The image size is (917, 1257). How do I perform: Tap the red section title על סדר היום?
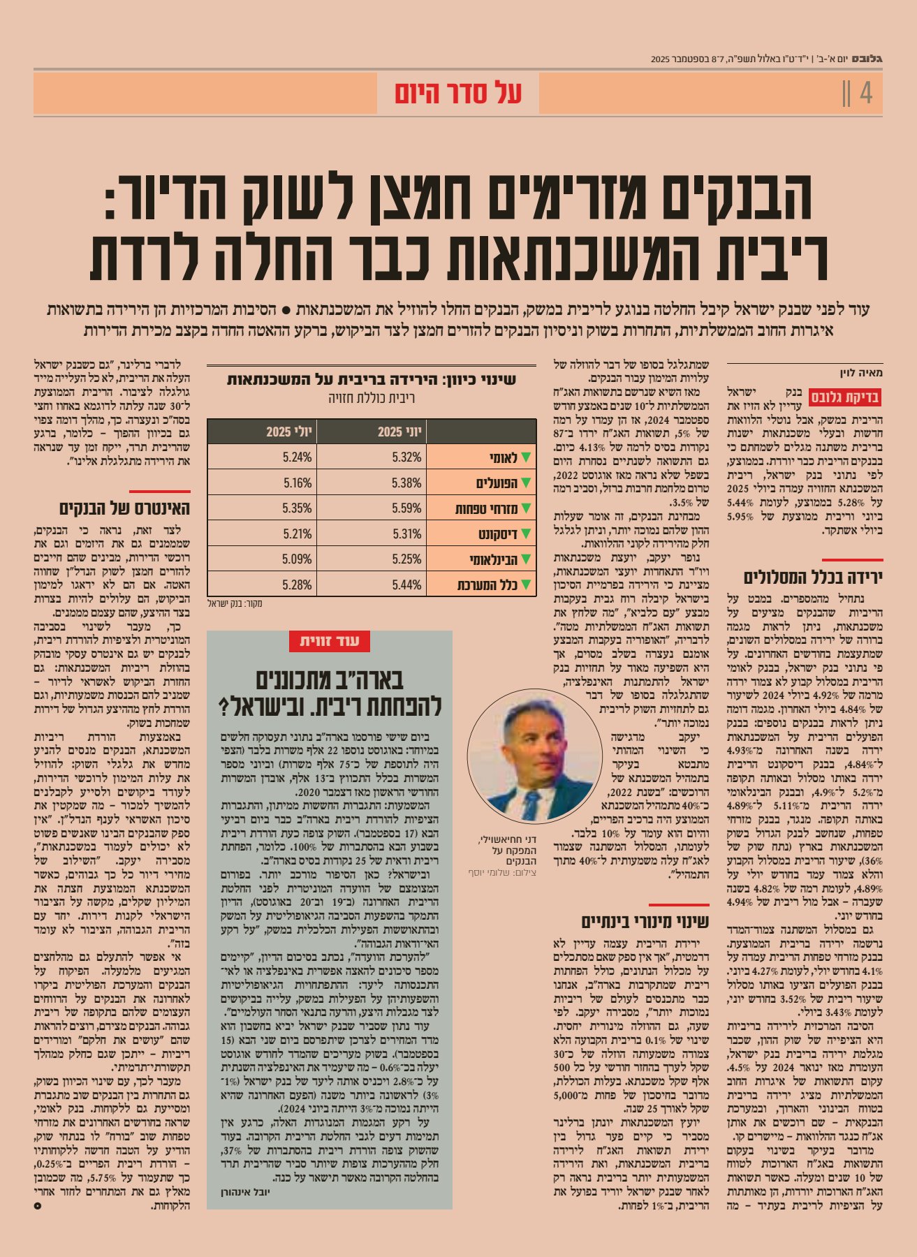tap(458, 93)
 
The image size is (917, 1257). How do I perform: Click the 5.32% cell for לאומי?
tap(406, 457)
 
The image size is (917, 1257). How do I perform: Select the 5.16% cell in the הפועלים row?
tap(298, 483)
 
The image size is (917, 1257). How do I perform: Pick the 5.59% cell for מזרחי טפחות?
tap(406, 508)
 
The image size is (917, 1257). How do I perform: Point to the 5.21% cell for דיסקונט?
tap(298, 534)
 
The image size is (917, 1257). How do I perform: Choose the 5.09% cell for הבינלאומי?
tap(298, 559)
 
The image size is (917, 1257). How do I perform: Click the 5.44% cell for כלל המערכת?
tap(406, 585)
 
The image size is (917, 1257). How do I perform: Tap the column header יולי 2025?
tap(288, 432)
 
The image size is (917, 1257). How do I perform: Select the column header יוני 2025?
tap(399, 432)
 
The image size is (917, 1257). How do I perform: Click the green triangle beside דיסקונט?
tap(527, 534)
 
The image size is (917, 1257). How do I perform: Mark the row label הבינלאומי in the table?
tap(492, 559)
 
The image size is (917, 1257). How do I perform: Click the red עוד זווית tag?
tap(330, 641)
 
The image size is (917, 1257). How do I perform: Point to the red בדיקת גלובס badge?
tap(844, 398)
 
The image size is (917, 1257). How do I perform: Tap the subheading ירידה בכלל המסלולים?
tap(813, 578)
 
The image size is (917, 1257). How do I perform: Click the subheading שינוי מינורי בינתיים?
tap(645, 922)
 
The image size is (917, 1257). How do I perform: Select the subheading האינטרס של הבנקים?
tap(124, 508)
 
